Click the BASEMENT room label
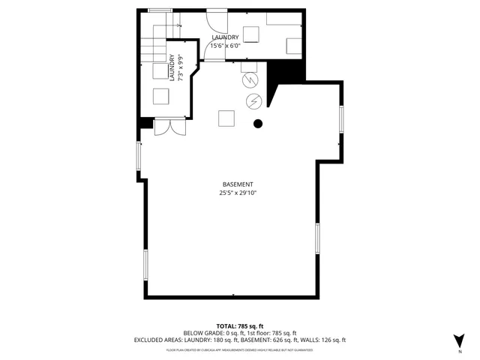point(238,184)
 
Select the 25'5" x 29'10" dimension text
point(238,193)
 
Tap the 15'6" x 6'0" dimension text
point(225,45)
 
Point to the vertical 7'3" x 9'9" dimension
point(180,67)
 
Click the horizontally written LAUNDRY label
point(225,37)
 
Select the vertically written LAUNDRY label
point(171,67)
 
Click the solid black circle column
point(257,124)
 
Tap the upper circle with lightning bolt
point(250,79)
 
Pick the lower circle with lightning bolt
point(253,100)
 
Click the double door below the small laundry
point(169,127)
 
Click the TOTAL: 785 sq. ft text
point(239,325)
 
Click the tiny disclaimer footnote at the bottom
point(239,349)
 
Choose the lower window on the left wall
point(145,264)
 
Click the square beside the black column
point(226,118)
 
